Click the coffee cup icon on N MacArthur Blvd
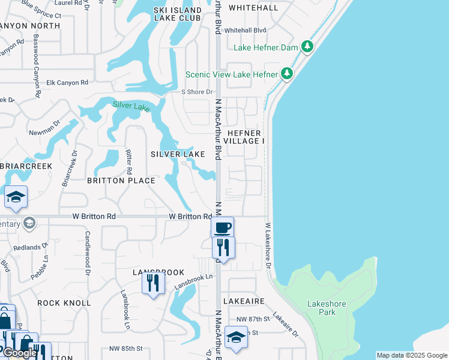click(x=222, y=227)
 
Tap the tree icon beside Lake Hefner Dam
click(x=307, y=46)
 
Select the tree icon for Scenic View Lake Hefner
click(x=288, y=74)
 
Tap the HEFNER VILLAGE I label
click(x=244, y=137)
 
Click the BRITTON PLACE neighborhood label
click(x=121, y=181)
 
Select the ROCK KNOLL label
click(x=64, y=303)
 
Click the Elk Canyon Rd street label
click(x=67, y=82)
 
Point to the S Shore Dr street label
click(x=197, y=92)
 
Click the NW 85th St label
click(x=127, y=349)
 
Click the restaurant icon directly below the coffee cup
click(x=223, y=247)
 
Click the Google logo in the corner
click(x=20, y=353)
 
